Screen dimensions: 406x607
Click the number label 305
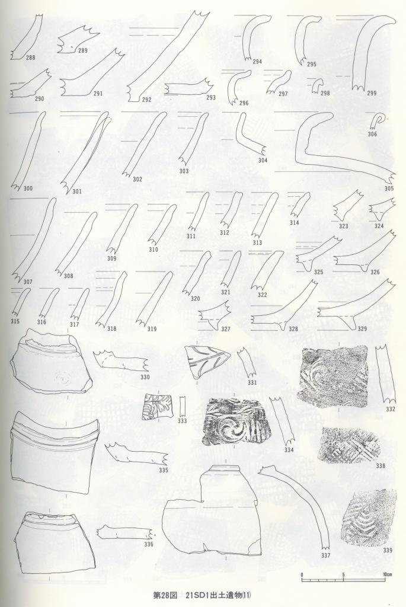coord(389,189)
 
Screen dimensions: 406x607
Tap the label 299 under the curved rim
coord(372,93)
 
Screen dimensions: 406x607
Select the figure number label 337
coord(325,555)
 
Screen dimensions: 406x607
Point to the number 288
coord(31,57)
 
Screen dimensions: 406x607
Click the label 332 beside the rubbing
coord(391,410)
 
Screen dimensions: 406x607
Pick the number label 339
coord(388,550)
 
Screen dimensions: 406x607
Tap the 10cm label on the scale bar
coord(388,574)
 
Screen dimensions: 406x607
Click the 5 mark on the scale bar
coord(343,574)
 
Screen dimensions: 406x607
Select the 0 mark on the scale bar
coord(302,574)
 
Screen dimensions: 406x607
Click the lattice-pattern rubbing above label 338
coord(347,445)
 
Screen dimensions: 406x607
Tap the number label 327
coord(226,330)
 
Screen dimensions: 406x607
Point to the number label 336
coord(149,544)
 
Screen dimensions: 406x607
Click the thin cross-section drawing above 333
coord(183,406)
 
